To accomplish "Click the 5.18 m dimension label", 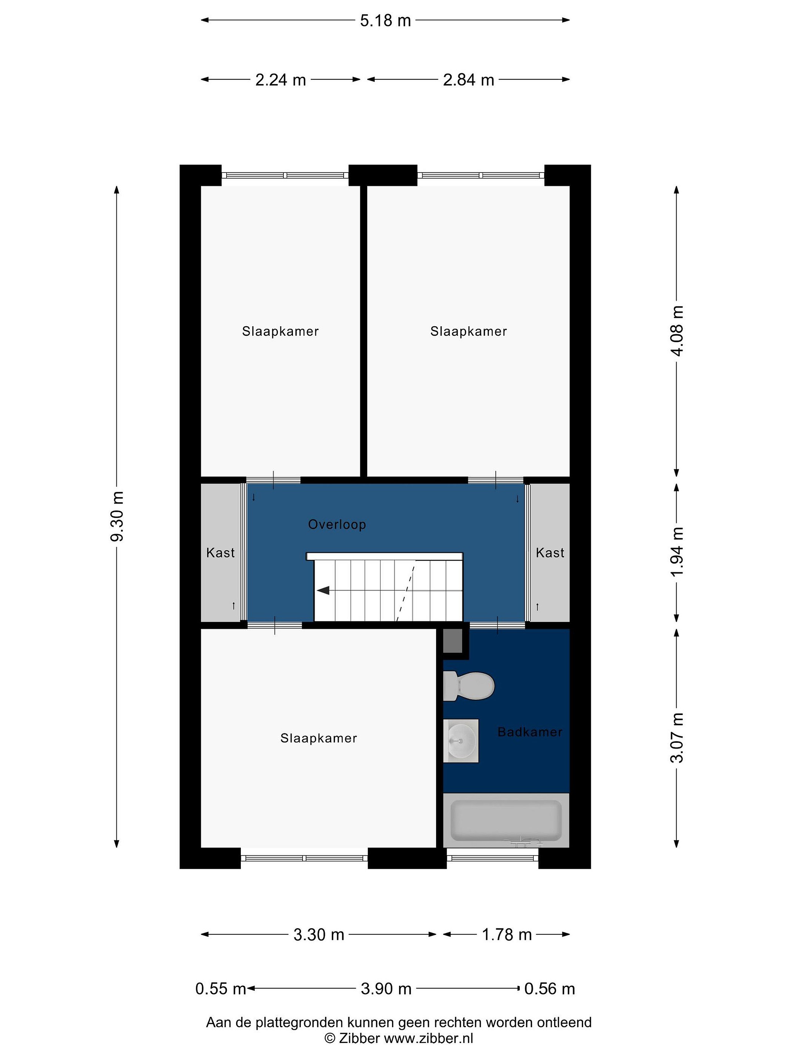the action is click(385, 21).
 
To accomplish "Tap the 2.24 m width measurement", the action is click(280, 80).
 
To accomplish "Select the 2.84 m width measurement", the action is click(468, 80).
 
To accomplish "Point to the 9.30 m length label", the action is click(117, 516).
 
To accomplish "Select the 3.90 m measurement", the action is click(386, 989).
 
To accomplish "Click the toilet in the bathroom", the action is click(468, 686).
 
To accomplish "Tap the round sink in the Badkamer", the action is click(461, 741).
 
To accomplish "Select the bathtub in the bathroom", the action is click(506, 821).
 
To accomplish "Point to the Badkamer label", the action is click(530, 732).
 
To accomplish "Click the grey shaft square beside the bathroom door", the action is click(453, 641).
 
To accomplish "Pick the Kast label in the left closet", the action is click(220, 553).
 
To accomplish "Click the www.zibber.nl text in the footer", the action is click(429, 1038).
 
